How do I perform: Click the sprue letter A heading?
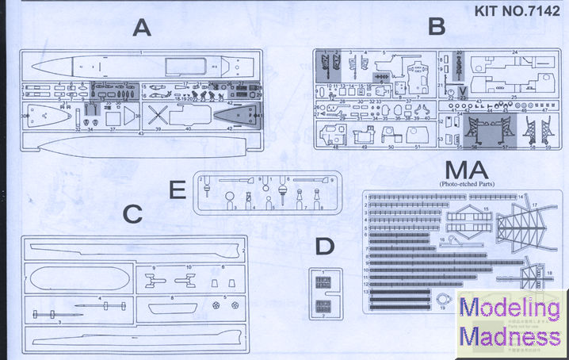[142, 29]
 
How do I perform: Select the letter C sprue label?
[133, 213]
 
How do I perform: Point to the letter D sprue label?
[323, 247]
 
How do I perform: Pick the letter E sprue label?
[177, 191]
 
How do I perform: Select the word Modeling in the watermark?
[511, 310]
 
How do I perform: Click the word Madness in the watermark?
[511, 336]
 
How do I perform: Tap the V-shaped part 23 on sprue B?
[463, 90]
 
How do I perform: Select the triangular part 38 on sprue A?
[128, 116]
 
